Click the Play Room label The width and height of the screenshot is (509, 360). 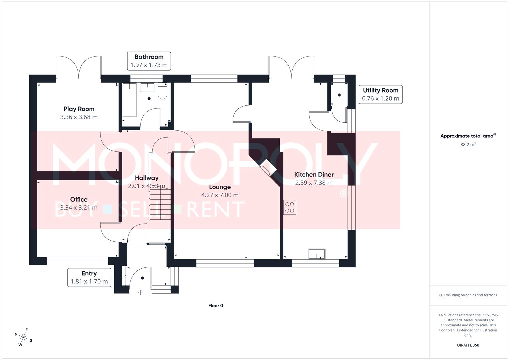coord(79,109)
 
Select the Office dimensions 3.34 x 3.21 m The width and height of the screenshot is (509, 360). coord(79,208)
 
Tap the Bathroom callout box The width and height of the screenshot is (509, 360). coord(149,61)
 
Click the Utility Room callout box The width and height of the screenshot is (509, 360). coord(380,94)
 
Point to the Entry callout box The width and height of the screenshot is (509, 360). coord(89,277)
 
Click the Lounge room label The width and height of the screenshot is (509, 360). coord(220,187)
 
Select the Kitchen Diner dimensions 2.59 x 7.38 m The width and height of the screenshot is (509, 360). coord(314,183)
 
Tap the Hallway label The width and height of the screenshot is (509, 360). coord(147,178)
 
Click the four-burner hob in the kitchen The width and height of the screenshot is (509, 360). coord(290,207)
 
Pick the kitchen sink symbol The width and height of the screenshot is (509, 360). coord(317,254)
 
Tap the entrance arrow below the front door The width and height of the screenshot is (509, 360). coord(141,292)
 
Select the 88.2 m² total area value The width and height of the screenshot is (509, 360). coord(468,145)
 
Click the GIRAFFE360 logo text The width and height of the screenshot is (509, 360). coord(468,345)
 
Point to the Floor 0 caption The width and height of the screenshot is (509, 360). coord(216,306)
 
